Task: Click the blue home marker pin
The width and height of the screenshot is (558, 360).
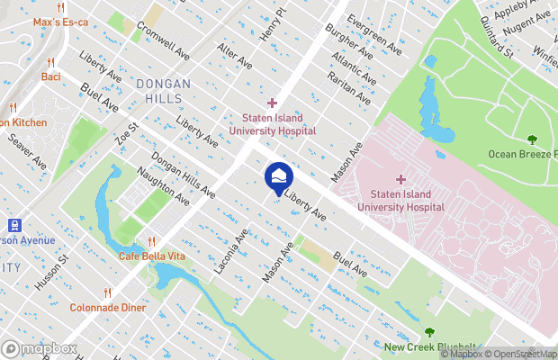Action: pos(278,175)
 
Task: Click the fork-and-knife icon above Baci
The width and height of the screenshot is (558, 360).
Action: pos(51,63)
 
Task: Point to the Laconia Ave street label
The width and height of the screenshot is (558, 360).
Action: pos(230,252)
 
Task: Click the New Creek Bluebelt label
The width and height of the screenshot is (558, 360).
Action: pos(429,347)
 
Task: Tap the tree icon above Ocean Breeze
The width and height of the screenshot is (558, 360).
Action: pos(532,139)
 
